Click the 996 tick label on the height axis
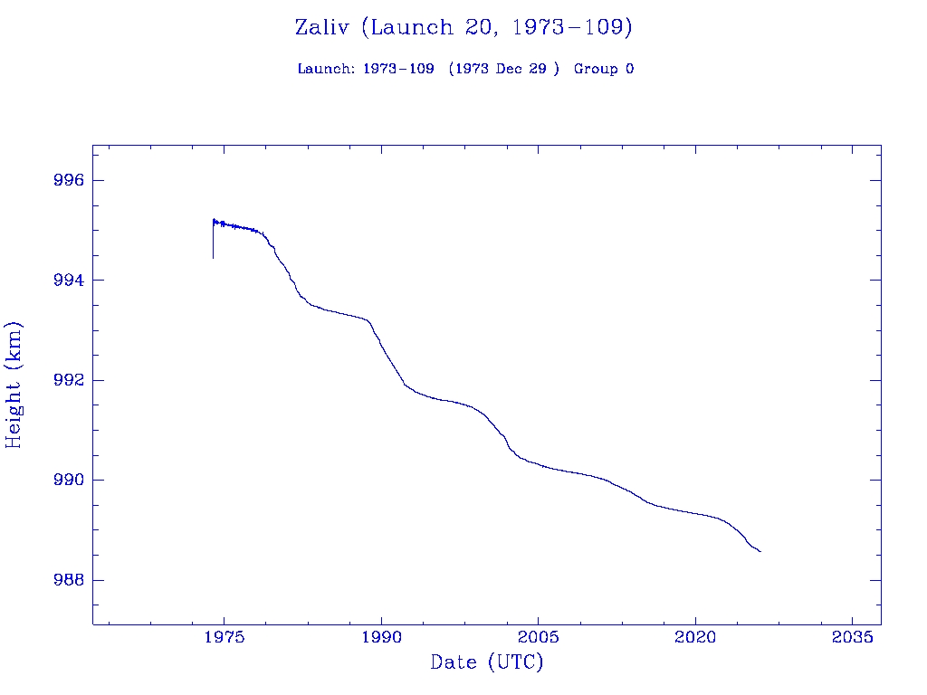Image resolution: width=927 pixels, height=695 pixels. pyautogui.click(x=70, y=181)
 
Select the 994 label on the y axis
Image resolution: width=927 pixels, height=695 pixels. pyautogui.click(x=70, y=281)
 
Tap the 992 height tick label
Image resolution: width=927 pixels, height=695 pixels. pyautogui.click(x=70, y=380)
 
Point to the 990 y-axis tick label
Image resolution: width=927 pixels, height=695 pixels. pyautogui.click(x=70, y=480)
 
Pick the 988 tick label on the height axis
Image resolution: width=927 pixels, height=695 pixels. pyautogui.click(x=70, y=580)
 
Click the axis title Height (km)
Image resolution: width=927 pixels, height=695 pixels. pyautogui.click(x=14, y=385)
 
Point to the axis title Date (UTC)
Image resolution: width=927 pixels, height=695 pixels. pyautogui.click(x=487, y=663)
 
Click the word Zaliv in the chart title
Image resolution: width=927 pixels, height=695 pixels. pyautogui.click(x=323, y=27)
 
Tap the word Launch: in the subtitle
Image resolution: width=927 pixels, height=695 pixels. pyautogui.click(x=326, y=69)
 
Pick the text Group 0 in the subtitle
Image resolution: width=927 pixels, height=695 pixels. pyautogui.click(x=603, y=69)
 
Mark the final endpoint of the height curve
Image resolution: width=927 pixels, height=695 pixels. pyautogui.click(x=760, y=551)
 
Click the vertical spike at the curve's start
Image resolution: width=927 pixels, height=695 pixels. pyautogui.click(x=213, y=241)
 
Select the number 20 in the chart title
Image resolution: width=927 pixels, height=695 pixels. pyautogui.click(x=476, y=27)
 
